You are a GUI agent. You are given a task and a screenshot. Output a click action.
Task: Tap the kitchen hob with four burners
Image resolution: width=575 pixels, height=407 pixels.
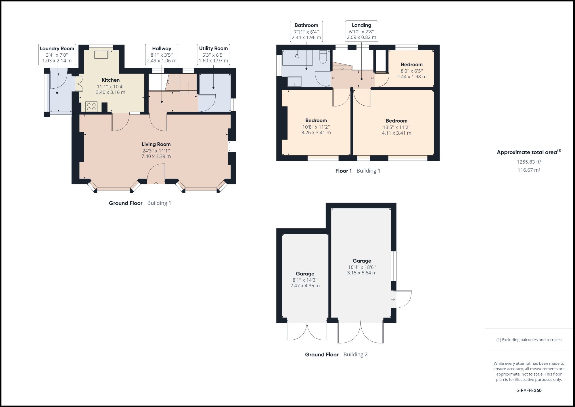tap(91, 107)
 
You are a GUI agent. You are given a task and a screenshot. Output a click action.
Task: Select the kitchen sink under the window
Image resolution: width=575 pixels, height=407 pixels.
tap(101, 54)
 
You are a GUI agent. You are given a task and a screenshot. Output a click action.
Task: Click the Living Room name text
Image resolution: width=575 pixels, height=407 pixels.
tap(156, 144)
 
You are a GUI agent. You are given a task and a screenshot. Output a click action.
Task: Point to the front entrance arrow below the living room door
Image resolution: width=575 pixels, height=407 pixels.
tap(156, 183)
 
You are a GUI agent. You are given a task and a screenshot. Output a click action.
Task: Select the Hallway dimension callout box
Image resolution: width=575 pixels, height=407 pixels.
tap(162, 55)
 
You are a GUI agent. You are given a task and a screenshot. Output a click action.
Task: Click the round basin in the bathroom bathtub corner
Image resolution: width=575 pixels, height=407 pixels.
tap(297, 56)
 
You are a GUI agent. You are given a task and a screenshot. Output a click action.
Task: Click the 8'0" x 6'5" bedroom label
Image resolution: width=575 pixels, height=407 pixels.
tap(412, 70)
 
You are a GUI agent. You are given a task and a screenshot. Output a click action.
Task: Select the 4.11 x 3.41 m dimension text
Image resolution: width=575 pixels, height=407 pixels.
tap(396, 133)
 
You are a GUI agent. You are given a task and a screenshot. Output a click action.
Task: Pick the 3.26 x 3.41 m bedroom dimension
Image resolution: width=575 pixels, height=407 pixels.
tap(316, 133)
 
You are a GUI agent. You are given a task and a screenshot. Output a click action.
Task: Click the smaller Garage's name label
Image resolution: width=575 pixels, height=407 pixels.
tap(305, 274)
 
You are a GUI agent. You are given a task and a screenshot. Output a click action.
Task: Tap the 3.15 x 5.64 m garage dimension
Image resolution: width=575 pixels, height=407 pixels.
tap(362, 273)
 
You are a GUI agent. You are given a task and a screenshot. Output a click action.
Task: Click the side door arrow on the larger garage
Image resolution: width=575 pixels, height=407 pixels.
tap(393, 299)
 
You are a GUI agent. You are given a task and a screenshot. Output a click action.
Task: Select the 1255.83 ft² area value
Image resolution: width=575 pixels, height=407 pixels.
tap(529, 162)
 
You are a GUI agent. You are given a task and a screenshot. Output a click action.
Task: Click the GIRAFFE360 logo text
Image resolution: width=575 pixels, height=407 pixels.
tap(529, 391)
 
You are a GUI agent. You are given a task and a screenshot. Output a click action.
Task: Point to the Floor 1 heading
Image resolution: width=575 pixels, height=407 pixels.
tap(343, 171)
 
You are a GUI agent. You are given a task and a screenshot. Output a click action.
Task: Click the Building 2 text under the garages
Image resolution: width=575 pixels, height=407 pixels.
tap(355, 355)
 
